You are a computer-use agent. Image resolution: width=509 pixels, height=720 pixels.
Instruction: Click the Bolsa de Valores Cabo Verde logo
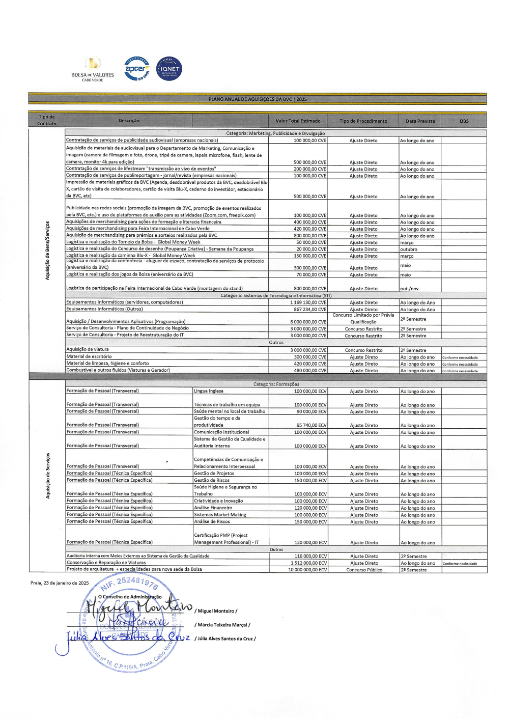pyautogui.click(x=93, y=69)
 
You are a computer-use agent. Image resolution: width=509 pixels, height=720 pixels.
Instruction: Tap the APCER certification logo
pyautogui.click(x=137, y=69)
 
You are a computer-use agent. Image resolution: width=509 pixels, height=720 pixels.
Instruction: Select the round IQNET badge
pyautogui.click(x=169, y=69)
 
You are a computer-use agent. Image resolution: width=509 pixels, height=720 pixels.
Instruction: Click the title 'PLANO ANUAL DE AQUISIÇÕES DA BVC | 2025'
pyautogui.click(x=258, y=99)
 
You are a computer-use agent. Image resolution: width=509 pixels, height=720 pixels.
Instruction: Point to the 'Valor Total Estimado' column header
pyautogui.click(x=298, y=121)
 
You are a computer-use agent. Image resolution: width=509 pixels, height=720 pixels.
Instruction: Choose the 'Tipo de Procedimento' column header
pyautogui.click(x=363, y=121)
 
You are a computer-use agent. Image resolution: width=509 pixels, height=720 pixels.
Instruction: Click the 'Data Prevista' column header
pyautogui.click(x=420, y=121)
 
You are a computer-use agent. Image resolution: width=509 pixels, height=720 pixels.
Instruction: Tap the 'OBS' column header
pyautogui.click(x=464, y=121)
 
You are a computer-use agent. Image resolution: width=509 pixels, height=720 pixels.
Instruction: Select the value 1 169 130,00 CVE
pyautogui.click(x=308, y=302)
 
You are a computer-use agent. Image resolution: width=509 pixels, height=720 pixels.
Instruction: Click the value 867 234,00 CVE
pyautogui.click(x=310, y=310)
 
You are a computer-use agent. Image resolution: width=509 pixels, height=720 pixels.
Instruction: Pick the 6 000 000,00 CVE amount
pyautogui.click(x=308, y=322)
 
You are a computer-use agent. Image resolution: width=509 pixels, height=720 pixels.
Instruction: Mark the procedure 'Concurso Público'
pyautogui.click(x=364, y=570)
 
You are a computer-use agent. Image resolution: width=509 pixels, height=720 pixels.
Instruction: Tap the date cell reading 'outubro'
pyautogui.click(x=408, y=250)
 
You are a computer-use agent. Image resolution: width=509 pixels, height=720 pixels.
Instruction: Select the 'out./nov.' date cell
pyautogui.click(x=410, y=289)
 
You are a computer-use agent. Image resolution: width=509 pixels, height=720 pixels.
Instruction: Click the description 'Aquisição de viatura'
pyautogui.click(x=88, y=350)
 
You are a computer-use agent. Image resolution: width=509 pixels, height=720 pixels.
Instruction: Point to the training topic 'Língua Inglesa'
pyautogui.click(x=209, y=391)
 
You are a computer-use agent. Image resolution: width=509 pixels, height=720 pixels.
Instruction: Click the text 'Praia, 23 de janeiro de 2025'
pyautogui.click(x=60, y=583)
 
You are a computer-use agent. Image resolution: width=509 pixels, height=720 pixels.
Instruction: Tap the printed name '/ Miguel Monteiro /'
pyautogui.click(x=216, y=611)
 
